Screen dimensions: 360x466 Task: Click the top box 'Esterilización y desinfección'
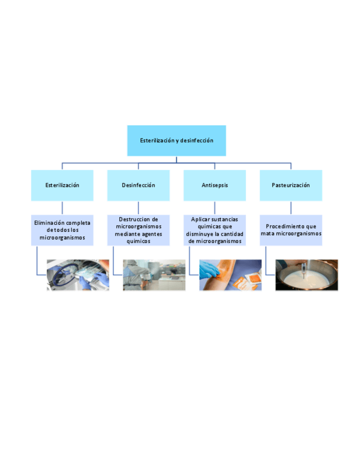click(176, 141)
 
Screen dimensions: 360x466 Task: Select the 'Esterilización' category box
click(62, 185)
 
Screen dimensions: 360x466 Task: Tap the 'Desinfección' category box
click(139, 185)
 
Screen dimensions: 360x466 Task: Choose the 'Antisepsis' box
click(214, 185)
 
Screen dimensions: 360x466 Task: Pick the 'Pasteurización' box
click(291, 185)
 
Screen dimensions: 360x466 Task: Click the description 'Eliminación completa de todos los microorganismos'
click(62, 230)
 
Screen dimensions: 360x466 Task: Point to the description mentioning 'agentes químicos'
click(139, 230)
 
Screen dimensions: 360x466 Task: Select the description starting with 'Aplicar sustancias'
click(214, 230)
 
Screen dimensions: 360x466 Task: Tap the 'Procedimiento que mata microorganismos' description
click(291, 230)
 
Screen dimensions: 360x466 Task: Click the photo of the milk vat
click(307, 275)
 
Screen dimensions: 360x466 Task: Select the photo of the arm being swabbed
click(230, 275)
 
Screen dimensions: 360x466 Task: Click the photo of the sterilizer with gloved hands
click(77, 275)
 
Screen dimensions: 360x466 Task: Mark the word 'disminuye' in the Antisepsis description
click(200, 234)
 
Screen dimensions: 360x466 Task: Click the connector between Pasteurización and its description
click(291, 208)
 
